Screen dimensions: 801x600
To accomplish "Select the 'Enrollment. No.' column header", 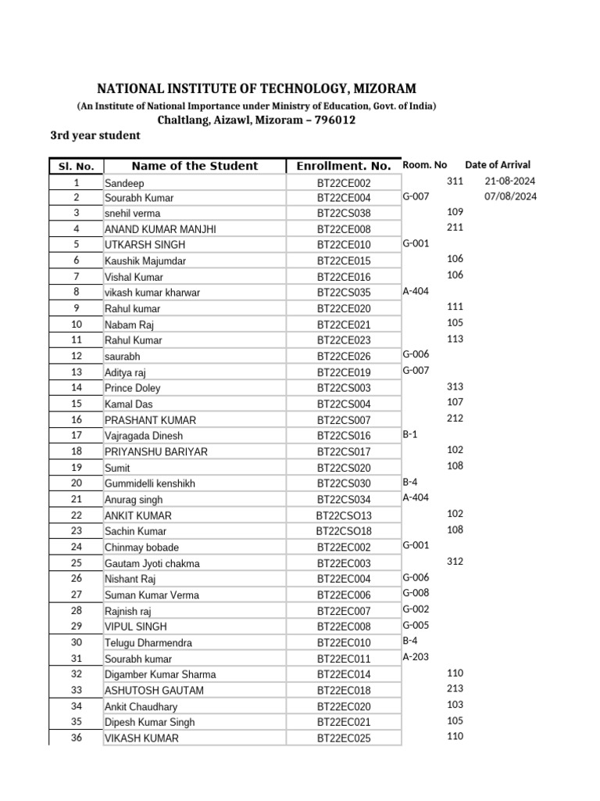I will click(344, 166).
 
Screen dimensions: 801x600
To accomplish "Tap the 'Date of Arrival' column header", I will click(498, 165).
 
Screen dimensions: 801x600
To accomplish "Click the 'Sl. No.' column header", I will click(76, 166).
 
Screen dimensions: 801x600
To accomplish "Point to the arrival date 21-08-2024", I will click(510, 181).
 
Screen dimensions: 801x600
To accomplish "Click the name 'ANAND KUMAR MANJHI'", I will click(160, 229).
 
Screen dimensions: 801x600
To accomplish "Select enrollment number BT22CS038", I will click(344, 214).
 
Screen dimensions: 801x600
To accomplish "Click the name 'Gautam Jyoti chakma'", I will click(152, 563).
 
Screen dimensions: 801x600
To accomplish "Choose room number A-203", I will click(416, 657).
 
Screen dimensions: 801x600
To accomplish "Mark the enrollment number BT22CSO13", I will click(344, 515).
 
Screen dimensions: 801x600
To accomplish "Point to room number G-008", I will click(416, 593).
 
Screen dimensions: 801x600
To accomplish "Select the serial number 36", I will click(76, 738).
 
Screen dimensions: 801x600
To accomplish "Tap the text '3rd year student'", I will click(95, 135).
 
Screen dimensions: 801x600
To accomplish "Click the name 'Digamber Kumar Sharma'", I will click(160, 674).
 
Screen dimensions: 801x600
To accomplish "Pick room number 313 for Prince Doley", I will click(455, 386).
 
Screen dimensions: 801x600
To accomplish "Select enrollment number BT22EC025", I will click(344, 738).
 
